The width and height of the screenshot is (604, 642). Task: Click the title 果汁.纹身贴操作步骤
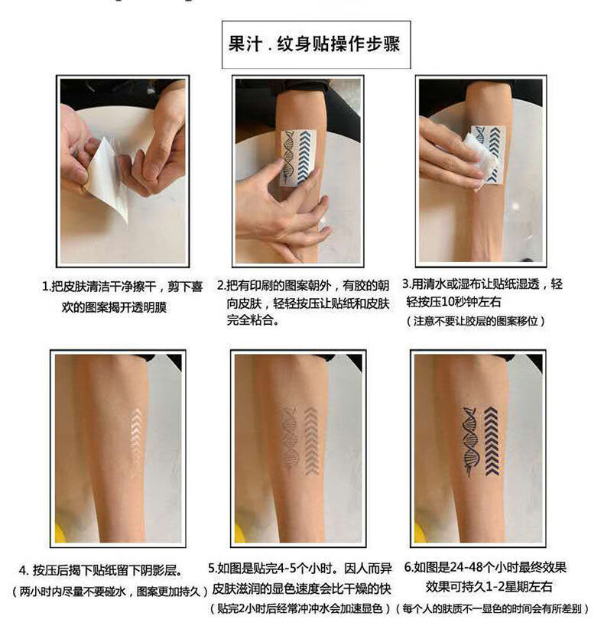(x=314, y=44)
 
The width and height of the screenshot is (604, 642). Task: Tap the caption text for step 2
(x=304, y=302)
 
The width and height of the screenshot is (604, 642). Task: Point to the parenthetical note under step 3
(x=476, y=320)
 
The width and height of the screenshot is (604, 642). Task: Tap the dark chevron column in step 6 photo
(x=492, y=441)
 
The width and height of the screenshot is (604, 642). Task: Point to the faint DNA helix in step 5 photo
(x=290, y=440)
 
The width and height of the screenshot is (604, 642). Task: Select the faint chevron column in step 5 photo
(x=312, y=440)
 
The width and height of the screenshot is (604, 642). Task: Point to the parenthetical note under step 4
(x=109, y=592)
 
